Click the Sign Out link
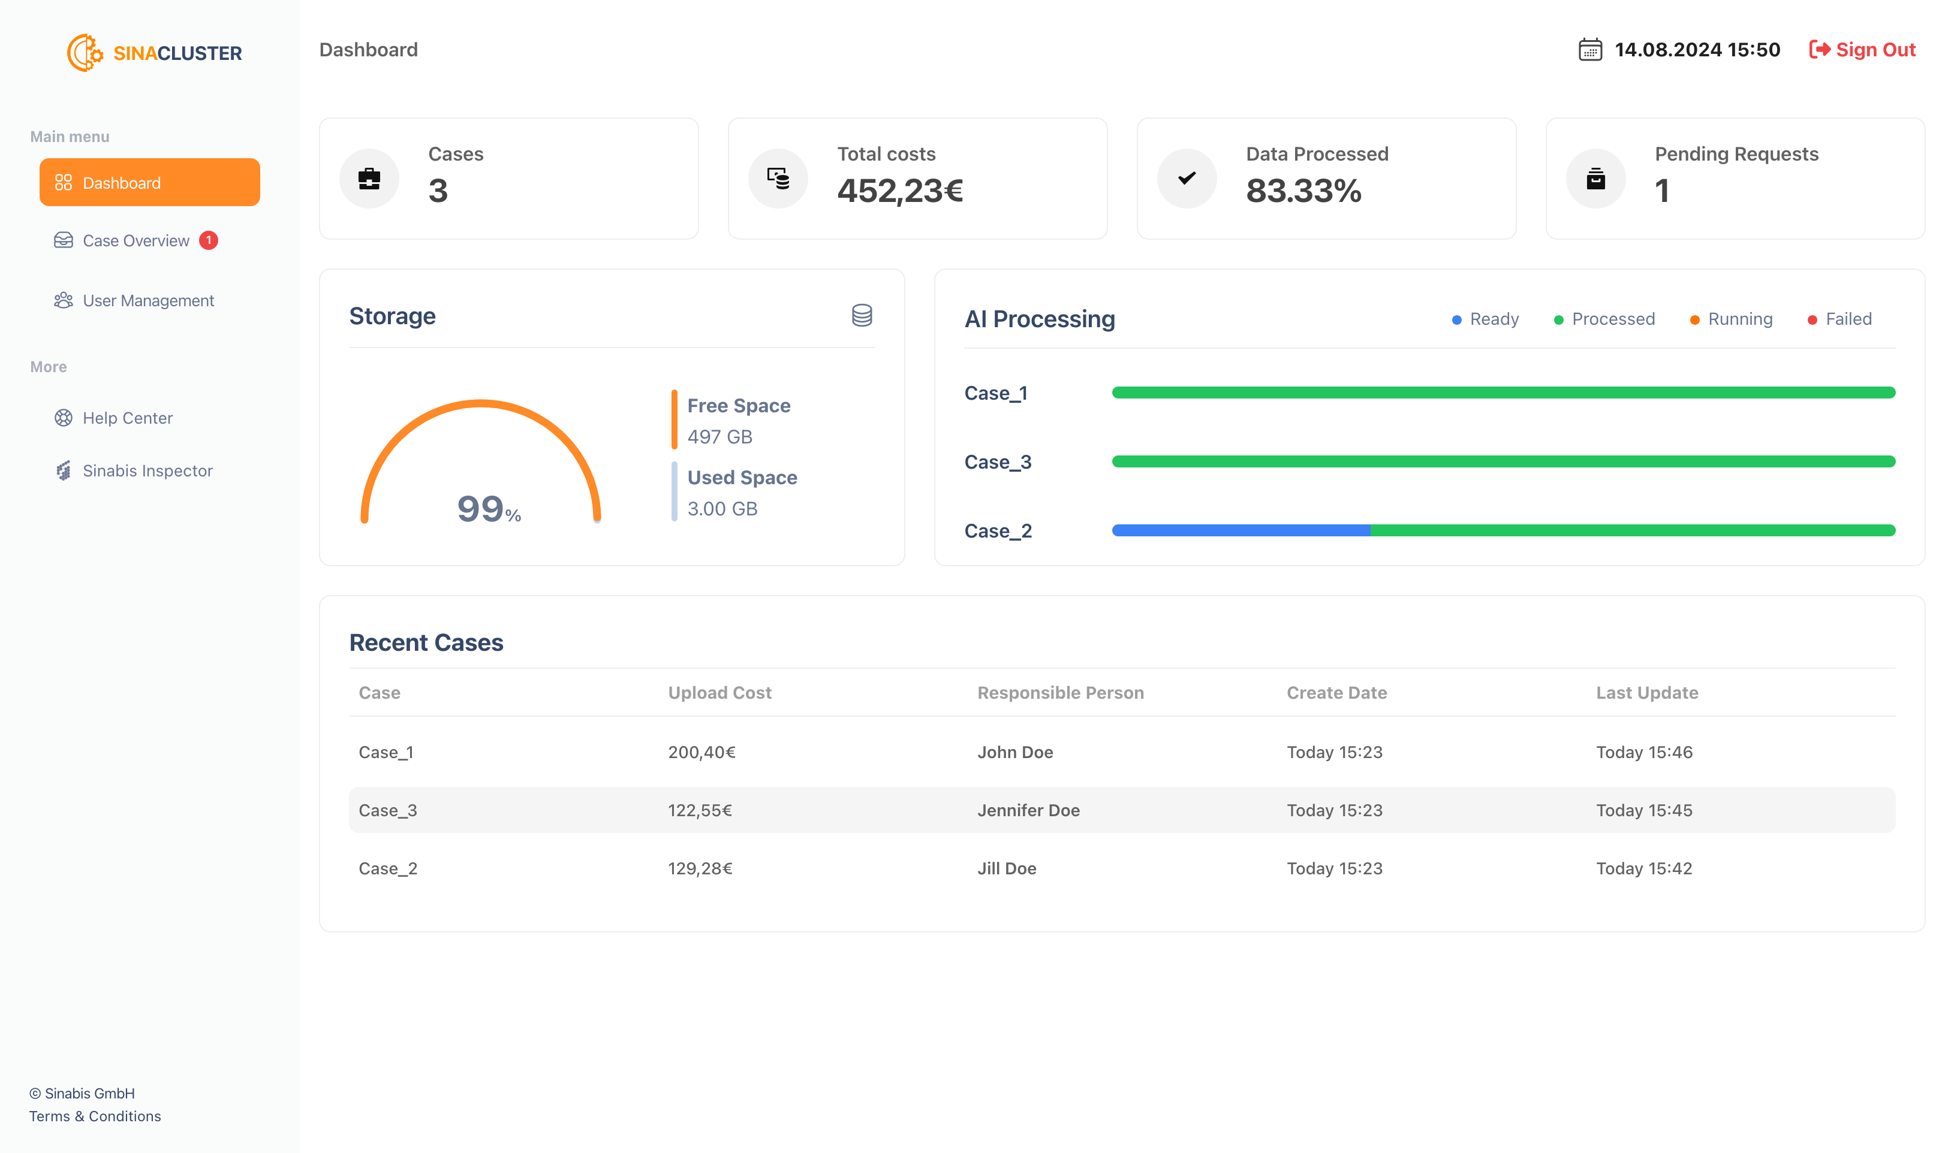pyautogui.click(x=1863, y=50)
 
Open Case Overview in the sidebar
pyautogui.click(x=136, y=241)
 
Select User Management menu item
pyautogui.click(x=147, y=301)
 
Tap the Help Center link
pyautogui.click(x=128, y=418)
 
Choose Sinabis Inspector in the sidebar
pyautogui.click(x=147, y=471)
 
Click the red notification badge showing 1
pyautogui.click(x=208, y=241)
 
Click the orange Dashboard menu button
pyautogui.click(x=149, y=183)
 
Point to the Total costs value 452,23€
pyautogui.click(x=899, y=191)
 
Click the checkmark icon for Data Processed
pyautogui.click(x=1187, y=179)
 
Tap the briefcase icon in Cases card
pyautogui.click(x=369, y=179)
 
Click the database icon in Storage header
pyautogui.click(x=862, y=315)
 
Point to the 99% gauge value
pyautogui.click(x=488, y=509)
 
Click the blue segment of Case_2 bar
pyautogui.click(x=1240, y=531)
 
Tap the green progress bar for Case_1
pyautogui.click(x=1503, y=393)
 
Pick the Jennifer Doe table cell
pyautogui.click(x=1028, y=810)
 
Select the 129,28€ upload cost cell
pyautogui.click(x=700, y=868)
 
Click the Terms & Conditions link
pyautogui.click(x=95, y=1116)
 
